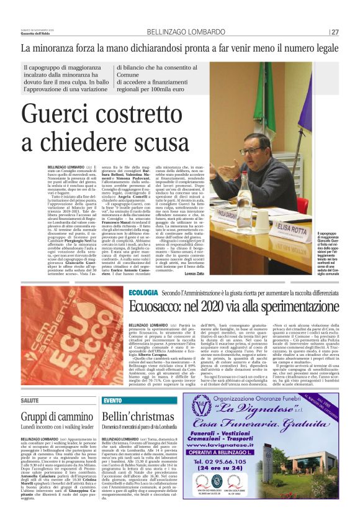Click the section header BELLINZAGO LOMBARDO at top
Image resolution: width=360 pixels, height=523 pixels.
(x=180, y=31)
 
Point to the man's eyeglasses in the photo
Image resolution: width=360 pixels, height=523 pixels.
(x=251, y=150)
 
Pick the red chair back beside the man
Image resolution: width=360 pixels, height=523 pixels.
(x=302, y=205)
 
